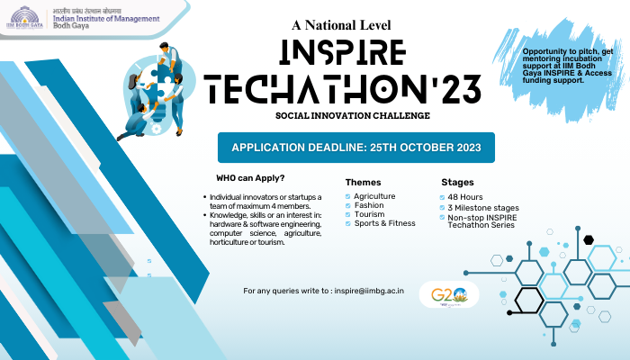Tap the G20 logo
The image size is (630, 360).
448,294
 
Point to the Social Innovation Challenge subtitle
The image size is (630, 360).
340,116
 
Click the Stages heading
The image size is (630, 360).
457,182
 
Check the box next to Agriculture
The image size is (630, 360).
348,196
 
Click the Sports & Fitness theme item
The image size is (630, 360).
384,223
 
